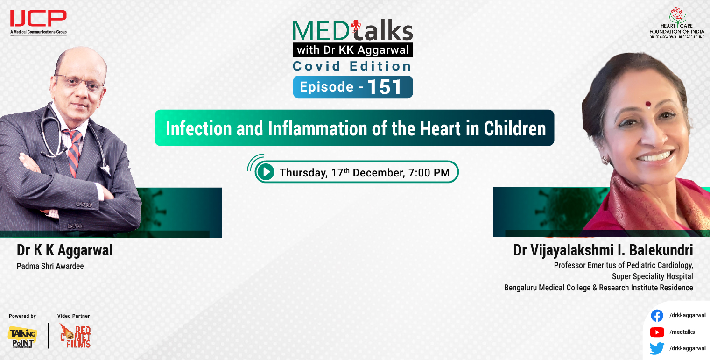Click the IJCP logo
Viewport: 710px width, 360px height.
(38, 19)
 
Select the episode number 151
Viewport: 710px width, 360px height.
(385, 87)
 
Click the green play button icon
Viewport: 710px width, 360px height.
(266, 172)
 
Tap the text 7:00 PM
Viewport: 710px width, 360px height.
(429, 173)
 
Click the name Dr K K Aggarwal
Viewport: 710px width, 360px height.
(64, 250)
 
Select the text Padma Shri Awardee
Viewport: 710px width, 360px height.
(50, 266)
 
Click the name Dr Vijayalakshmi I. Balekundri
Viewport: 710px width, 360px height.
(603, 250)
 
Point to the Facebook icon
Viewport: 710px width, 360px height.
(657, 316)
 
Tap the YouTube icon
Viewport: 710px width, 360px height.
(657, 332)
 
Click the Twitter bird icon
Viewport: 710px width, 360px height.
(657, 348)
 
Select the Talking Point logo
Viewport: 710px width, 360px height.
(22, 336)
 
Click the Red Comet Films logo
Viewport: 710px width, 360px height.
(75, 336)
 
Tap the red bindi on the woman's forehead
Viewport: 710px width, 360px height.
(647, 104)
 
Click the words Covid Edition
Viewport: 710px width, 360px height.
(352, 66)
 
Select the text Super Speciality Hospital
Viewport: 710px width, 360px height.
(652, 276)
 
